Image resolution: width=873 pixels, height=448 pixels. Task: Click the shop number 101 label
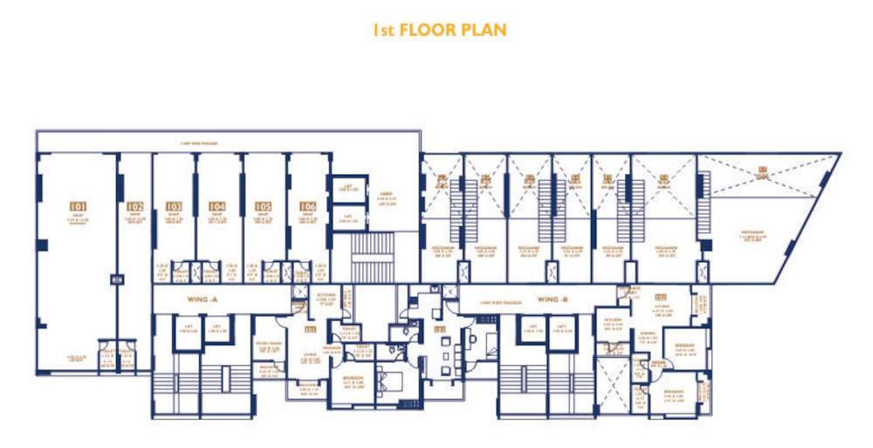[x=78, y=207]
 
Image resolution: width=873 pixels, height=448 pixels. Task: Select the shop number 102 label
[x=134, y=207]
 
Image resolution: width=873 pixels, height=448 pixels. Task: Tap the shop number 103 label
[x=174, y=207]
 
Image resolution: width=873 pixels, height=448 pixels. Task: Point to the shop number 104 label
[x=217, y=207]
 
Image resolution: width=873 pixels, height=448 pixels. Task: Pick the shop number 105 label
[x=263, y=207]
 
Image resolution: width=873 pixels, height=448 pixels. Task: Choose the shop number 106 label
[x=307, y=207]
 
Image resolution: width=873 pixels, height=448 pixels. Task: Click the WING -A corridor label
[x=209, y=299]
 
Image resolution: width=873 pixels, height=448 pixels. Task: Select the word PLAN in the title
[x=485, y=30]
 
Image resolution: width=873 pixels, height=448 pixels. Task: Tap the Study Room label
[x=268, y=346]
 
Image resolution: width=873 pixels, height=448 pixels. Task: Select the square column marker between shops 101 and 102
[x=116, y=279]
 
